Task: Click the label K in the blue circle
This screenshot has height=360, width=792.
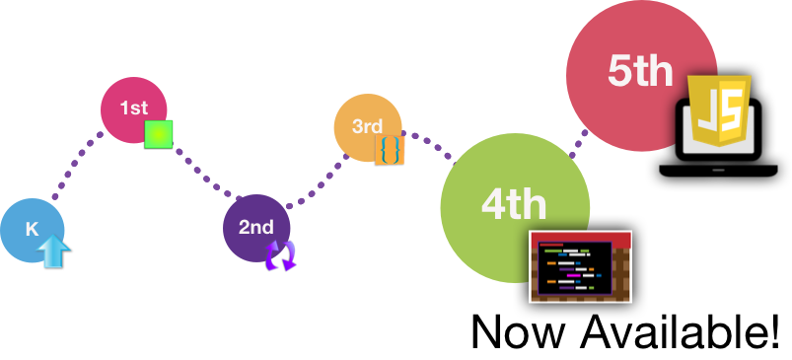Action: coord(32,230)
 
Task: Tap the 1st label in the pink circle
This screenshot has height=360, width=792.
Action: coord(133,108)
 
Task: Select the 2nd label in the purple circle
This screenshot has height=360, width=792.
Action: coord(255,227)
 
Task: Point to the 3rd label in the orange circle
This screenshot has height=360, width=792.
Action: coord(367,126)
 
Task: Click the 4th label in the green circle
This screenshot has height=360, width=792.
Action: coord(513,204)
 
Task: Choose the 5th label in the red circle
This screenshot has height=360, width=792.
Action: coord(640,71)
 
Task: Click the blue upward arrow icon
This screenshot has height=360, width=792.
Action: coord(55,252)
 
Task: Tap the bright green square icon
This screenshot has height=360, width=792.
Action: coord(159,134)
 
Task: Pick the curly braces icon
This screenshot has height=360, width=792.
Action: coord(390,150)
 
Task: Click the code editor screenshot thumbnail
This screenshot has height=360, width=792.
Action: coord(580,267)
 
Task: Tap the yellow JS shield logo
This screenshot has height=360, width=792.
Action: coord(719,111)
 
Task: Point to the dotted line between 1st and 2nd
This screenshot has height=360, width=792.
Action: coord(202,175)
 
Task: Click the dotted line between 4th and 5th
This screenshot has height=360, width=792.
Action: coord(578,141)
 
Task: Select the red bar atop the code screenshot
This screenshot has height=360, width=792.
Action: coord(580,238)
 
